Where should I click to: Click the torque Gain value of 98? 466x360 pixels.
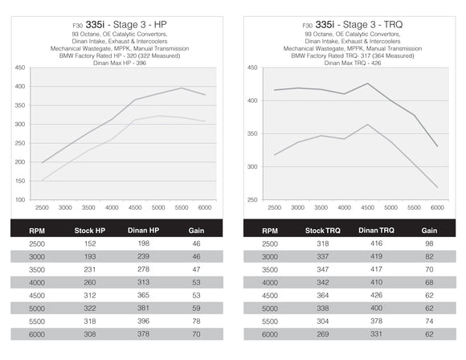pos(429,243)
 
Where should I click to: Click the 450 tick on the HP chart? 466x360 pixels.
pos(19,67)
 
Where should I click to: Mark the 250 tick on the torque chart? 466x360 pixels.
pos(252,200)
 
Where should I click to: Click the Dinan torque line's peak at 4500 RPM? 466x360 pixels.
pos(367,84)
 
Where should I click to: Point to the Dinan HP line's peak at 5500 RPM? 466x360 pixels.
pos(182,88)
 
